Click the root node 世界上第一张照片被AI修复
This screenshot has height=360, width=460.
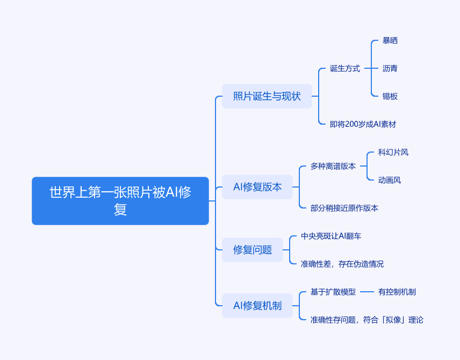click(120, 200)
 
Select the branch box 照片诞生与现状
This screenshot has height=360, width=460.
click(267, 96)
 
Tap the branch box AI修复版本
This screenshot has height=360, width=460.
click(257, 187)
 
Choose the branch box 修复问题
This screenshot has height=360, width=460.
click(252, 250)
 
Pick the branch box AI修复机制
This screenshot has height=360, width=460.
click(257, 306)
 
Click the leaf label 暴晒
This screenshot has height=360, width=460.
click(390, 40)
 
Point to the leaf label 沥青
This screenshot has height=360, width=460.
click(390, 68)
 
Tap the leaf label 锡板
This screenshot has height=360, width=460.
click(390, 96)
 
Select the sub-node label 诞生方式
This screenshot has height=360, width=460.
click(345, 68)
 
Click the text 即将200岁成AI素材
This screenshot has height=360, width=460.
click(363, 124)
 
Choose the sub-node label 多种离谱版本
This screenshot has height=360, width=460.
click(333, 166)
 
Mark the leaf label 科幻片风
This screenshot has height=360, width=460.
click(393, 152)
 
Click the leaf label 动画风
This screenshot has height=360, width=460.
click(390, 180)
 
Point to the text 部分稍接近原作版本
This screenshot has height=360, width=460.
click(344, 208)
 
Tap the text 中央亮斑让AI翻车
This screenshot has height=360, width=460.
click(335, 236)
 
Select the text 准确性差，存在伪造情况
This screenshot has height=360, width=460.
click(342, 264)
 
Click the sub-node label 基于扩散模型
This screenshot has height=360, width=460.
click(333, 292)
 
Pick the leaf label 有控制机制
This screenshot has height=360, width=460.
click(397, 292)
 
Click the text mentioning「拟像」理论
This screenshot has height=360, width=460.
click(367, 320)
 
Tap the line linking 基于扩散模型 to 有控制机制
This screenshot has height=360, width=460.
click(367, 292)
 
